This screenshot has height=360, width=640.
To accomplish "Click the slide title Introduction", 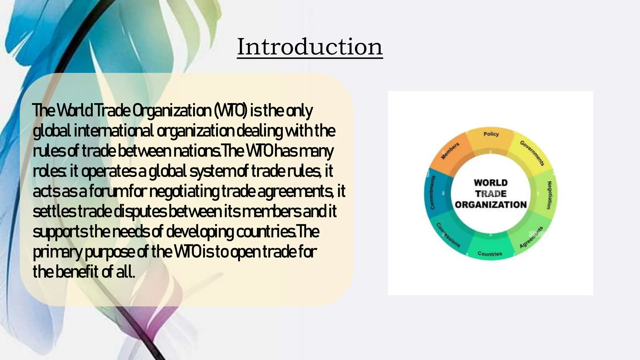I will pos(310,47).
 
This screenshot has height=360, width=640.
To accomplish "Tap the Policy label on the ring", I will pos(491,134).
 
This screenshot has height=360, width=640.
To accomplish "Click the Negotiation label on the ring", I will pos(549,195).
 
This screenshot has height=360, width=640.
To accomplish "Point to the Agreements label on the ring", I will pos(531,238).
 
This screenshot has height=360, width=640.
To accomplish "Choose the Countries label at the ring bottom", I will pos(490,254).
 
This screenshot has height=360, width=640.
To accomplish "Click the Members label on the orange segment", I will pos(450,151).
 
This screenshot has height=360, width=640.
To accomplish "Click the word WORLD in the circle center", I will pos(491,183).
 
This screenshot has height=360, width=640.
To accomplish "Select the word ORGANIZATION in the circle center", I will pos(491,205).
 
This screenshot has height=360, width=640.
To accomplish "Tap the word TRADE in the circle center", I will pos(491,194).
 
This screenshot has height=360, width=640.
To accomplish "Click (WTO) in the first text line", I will pos(231,111).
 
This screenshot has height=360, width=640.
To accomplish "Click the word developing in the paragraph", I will pos(200,232).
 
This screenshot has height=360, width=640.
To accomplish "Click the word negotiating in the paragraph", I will pos(184,191).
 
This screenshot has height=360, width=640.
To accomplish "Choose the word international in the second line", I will pos(114,131).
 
